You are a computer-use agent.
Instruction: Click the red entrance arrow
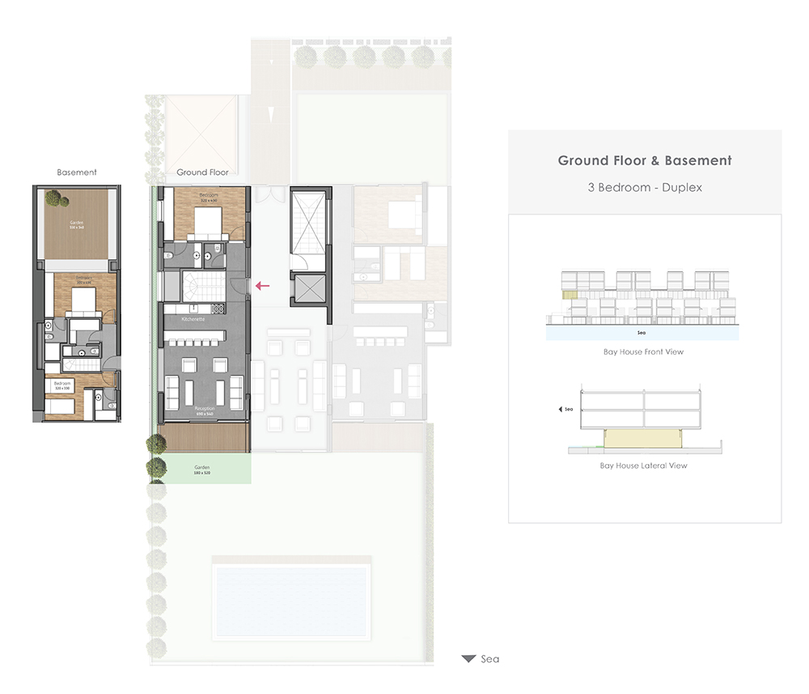[262, 285]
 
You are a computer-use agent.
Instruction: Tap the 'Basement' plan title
[77, 172]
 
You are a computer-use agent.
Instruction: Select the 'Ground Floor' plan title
[202, 172]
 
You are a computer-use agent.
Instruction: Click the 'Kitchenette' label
[194, 321]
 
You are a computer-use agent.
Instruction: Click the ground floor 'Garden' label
[201, 469]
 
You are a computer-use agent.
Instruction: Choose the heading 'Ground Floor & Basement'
[645, 160]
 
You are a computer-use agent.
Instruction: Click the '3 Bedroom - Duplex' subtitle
[645, 187]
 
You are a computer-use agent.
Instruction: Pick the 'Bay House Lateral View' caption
[644, 466]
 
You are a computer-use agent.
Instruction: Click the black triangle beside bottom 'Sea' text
[468, 659]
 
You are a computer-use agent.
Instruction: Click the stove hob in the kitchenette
[217, 309]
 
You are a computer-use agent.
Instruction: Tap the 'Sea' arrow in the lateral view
[561, 410]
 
